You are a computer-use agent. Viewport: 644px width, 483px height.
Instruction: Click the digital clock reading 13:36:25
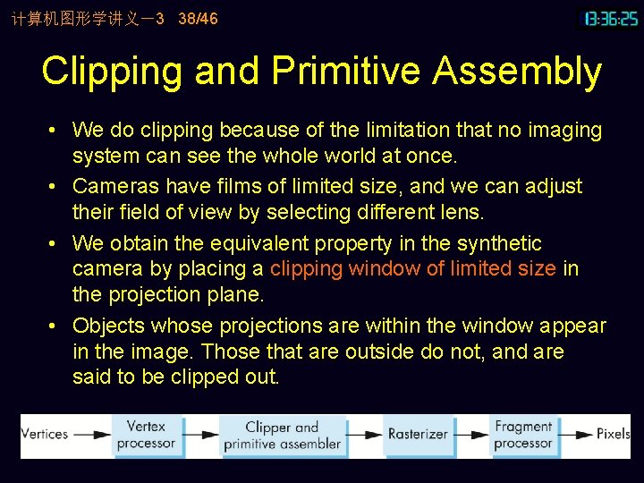pos(612,18)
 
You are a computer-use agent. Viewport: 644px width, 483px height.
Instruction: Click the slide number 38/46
pos(198,18)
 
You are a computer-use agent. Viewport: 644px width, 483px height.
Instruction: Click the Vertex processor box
pos(146,435)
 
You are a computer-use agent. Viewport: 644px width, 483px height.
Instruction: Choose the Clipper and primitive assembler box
pos(282,435)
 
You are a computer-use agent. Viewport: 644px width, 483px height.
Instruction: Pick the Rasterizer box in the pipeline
pos(417,435)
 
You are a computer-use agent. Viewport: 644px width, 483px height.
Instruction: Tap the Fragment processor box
pos(523,435)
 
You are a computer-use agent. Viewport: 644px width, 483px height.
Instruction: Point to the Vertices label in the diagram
pos(45,435)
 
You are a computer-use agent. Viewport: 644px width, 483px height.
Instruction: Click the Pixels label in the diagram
pos(614,435)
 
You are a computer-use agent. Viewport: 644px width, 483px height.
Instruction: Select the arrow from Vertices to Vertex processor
pos(92,435)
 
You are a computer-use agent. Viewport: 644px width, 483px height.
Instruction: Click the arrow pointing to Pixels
pos(576,435)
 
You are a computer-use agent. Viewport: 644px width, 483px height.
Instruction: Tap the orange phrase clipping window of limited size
pos(413,268)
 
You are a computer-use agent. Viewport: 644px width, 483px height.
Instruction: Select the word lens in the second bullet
pos(462,212)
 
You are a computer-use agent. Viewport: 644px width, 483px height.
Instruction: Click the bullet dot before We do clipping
pos(54,131)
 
